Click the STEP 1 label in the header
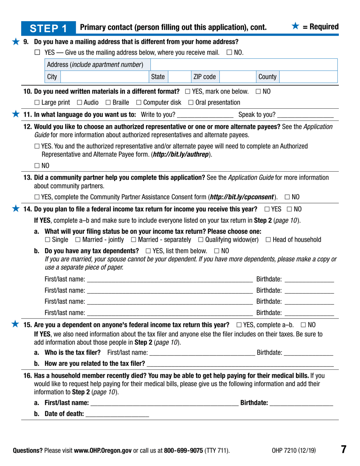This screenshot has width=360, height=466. (x=53, y=28)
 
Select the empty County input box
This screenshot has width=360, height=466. (x=309, y=77)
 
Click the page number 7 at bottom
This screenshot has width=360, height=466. (x=344, y=450)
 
